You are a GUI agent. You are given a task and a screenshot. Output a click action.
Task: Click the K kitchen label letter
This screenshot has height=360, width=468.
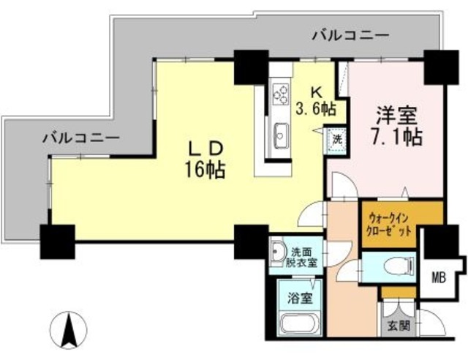pyautogui.click(x=316, y=93)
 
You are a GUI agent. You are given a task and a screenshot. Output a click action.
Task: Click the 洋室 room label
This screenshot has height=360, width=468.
pyautogui.click(x=396, y=116)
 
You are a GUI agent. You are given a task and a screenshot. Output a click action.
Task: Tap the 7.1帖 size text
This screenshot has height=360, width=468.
pyautogui.click(x=396, y=136)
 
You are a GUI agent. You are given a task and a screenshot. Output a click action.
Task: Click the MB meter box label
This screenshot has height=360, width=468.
pyautogui.click(x=438, y=277)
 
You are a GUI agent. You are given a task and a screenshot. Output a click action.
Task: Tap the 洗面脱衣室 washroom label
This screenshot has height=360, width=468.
pyautogui.click(x=302, y=255)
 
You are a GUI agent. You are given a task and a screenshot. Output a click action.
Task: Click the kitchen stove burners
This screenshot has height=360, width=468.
pyautogui.click(x=280, y=93)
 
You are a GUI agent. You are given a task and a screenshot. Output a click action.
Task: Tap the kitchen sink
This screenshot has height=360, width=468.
pyautogui.click(x=280, y=135)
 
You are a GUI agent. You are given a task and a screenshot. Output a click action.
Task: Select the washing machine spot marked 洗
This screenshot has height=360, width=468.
pyautogui.click(x=337, y=138)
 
